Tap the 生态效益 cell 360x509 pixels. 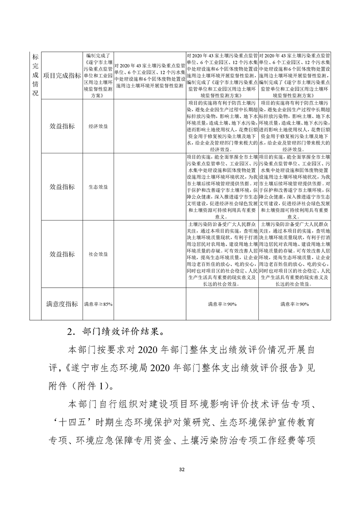[x=98, y=186]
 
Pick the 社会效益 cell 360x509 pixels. [x=98, y=254]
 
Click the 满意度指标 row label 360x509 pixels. [x=62, y=303]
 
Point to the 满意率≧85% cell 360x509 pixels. [x=98, y=304]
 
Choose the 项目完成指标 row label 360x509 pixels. [x=62, y=75]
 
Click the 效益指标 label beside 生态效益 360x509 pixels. [x=62, y=186]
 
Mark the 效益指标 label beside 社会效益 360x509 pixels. [x=62, y=254]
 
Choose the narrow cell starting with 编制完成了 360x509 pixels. [x=98, y=75]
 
